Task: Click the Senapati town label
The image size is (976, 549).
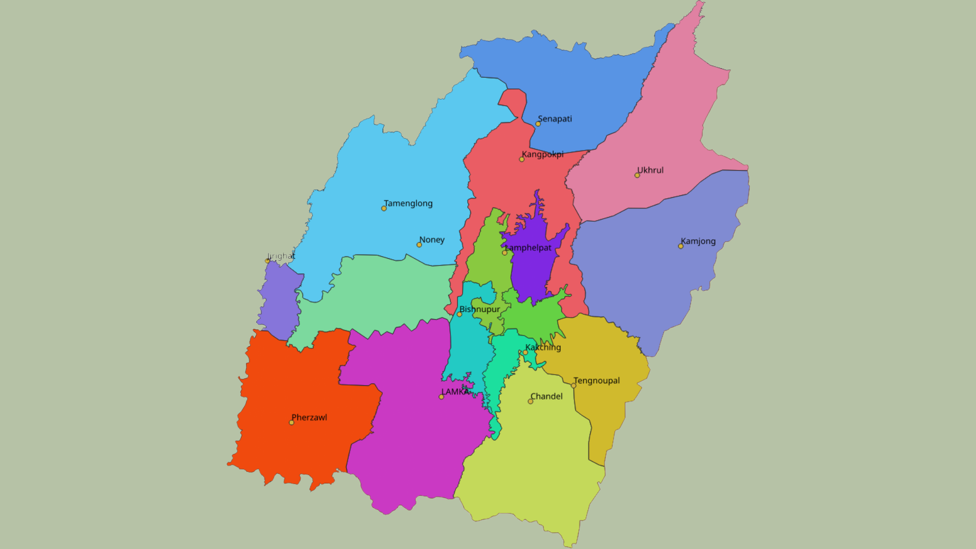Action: tap(555, 119)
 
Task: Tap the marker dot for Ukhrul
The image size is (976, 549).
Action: tap(637, 175)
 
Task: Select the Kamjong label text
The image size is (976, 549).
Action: tap(698, 241)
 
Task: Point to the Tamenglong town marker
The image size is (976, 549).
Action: tap(384, 208)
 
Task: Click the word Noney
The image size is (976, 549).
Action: tap(432, 240)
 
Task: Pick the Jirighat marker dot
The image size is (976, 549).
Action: tap(267, 261)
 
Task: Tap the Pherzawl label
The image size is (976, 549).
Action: tap(309, 418)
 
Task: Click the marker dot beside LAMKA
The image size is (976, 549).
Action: tap(441, 397)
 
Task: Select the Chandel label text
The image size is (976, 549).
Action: tap(546, 396)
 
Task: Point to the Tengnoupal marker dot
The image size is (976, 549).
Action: tap(573, 386)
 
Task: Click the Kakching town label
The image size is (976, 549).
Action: tap(543, 348)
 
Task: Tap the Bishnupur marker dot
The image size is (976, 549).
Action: tap(460, 314)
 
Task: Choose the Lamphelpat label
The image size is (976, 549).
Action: tap(528, 248)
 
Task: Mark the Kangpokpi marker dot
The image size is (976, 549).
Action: tap(522, 160)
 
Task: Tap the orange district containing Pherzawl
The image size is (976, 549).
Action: tap(300, 396)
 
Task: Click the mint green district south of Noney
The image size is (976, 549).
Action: tap(376, 295)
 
